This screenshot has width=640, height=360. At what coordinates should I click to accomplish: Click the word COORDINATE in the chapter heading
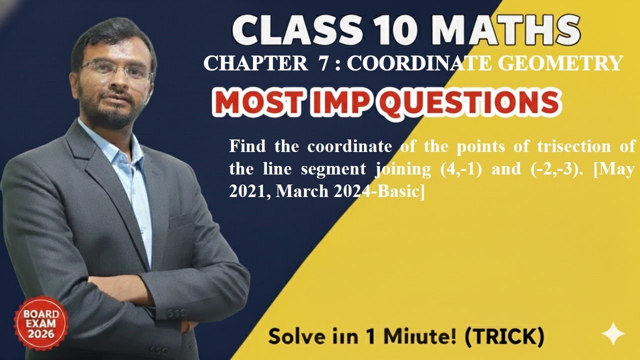pos(405,64)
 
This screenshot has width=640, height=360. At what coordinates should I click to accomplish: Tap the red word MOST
pos(257,102)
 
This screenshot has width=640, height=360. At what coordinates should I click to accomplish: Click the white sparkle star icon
pos(613,333)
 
